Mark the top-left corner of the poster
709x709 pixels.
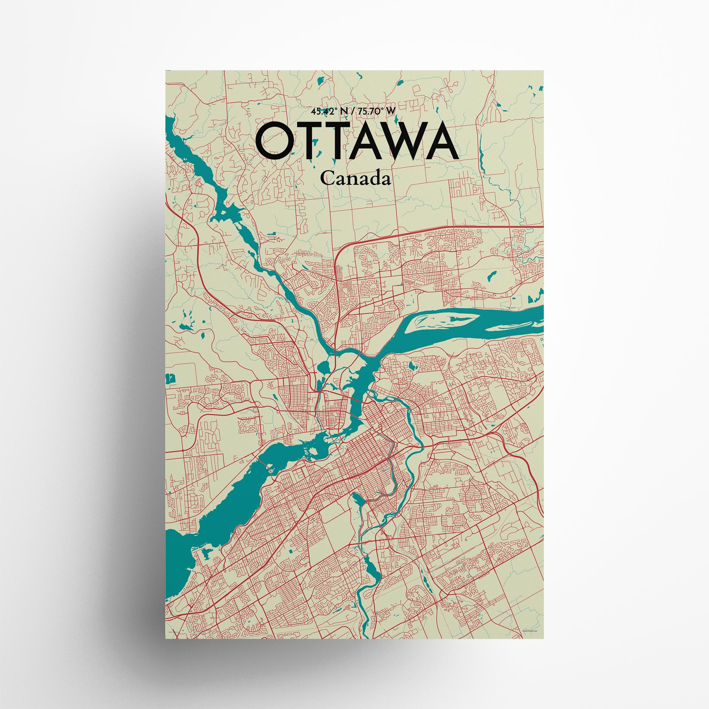pos(166,71)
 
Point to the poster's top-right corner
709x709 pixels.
pos(543,71)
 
